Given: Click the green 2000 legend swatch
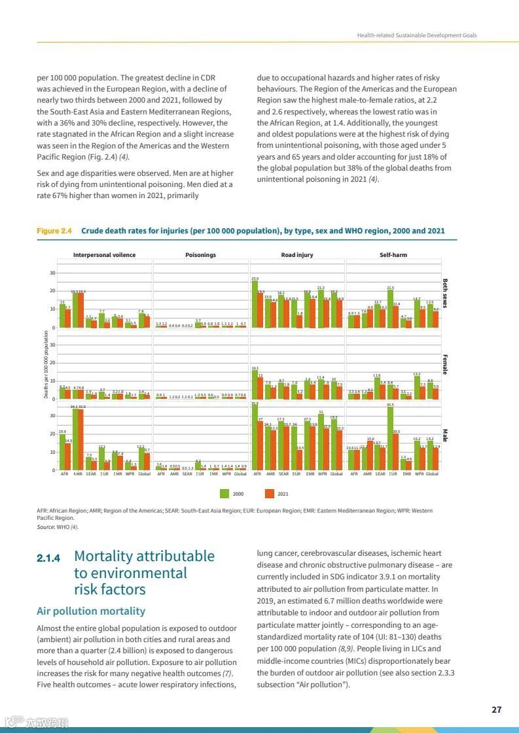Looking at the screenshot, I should [224, 494].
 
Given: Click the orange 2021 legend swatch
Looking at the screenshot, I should [269, 494].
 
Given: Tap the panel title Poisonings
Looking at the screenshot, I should [200, 255].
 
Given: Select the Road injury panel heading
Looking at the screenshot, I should [297, 255].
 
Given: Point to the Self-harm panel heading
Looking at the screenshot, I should [393, 255].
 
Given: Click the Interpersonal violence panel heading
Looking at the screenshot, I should [104, 255].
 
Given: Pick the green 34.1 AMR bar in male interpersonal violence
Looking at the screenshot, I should [75, 438].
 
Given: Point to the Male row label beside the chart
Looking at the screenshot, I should [445, 435].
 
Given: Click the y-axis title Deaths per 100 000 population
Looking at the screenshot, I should [46, 364].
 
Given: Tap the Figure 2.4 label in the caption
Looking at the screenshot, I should [54, 231].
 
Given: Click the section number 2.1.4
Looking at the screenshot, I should [48, 558].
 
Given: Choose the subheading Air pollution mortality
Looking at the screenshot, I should [91, 611].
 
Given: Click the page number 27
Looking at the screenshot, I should [496, 710].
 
